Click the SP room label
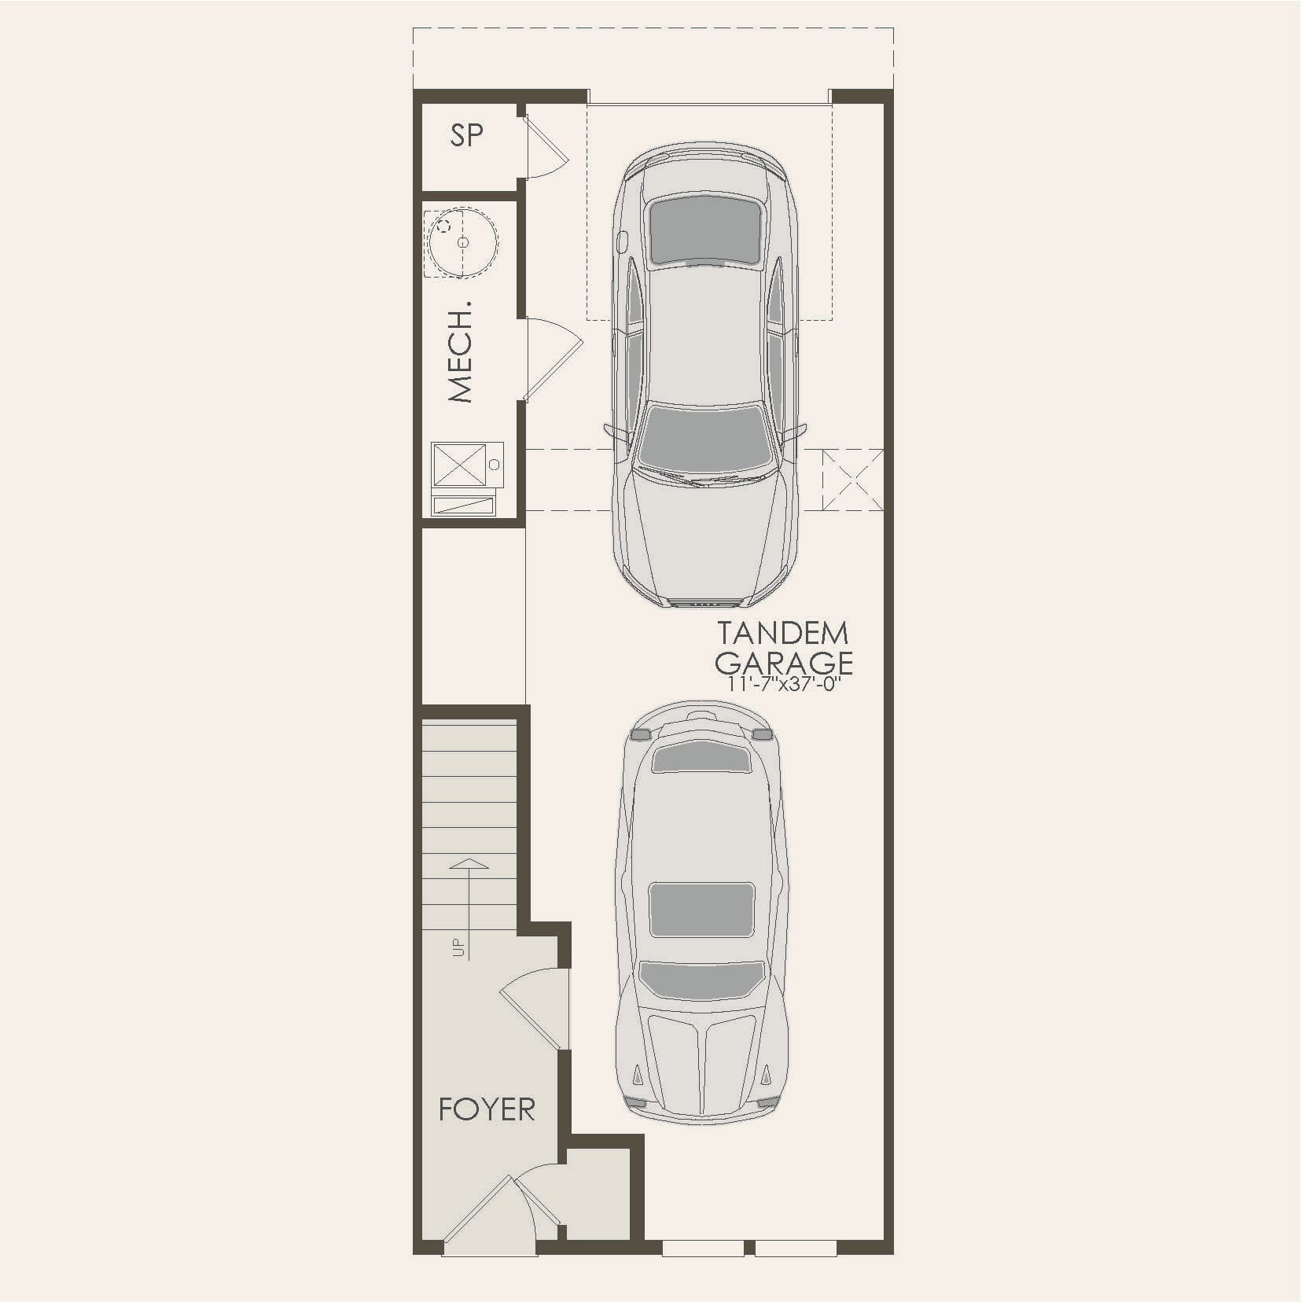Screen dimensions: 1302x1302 (x=466, y=135)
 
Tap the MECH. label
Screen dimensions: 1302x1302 (x=461, y=351)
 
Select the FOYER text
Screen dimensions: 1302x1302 (x=487, y=1109)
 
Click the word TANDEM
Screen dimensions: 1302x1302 (x=782, y=633)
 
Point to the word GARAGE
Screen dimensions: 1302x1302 (x=783, y=662)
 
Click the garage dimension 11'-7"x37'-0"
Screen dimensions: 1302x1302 (x=785, y=684)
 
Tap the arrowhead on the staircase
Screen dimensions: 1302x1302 (x=469, y=863)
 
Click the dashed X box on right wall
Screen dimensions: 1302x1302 (x=853, y=480)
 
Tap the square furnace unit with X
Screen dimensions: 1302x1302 (x=458, y=464)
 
